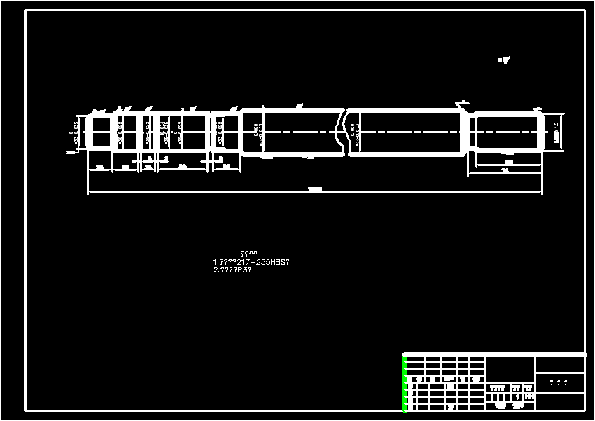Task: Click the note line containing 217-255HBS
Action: (x=251, y=262)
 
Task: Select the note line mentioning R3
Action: (x=232, y=270)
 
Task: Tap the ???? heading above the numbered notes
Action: (x=248, y=254)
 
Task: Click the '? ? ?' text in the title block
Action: (x=559, y=382)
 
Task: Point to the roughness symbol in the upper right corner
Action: (x=504, y=60)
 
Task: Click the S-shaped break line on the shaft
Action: (x=343, y=131)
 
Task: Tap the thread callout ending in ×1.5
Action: (x=556, y=132)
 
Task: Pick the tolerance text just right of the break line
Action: (x=355, y=132)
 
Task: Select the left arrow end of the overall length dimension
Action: (x=89, y=191)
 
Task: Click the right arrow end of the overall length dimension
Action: (x=542, y=191)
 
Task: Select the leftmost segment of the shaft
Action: (x=99, y=132)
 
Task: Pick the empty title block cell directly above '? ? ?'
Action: (x=559, y=364)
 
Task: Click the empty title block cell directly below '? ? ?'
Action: (x=559, y=401)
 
